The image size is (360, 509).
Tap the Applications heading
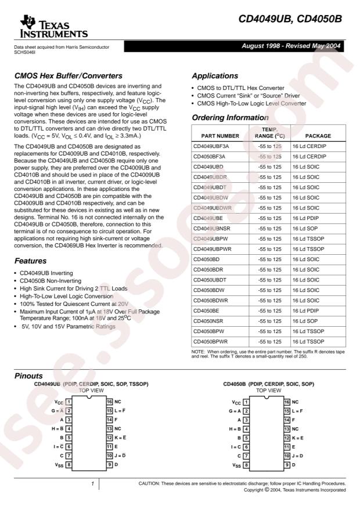point(216,75)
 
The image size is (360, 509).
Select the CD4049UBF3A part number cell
point(214,147)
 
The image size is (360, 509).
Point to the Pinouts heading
point(30,376)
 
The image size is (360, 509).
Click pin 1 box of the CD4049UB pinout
point(69,402)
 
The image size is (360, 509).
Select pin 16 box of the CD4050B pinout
point(286,402)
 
